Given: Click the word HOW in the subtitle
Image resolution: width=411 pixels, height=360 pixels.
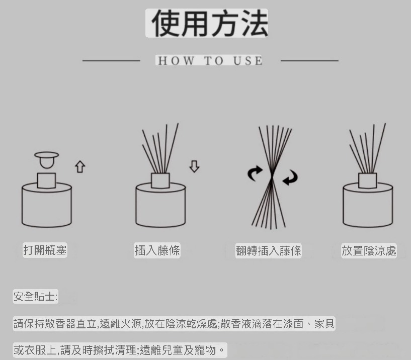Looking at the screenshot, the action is pyautogui.click(x=176, y=60).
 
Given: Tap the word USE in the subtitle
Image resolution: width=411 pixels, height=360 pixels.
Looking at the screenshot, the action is pyautogui.click(x=248, y=60).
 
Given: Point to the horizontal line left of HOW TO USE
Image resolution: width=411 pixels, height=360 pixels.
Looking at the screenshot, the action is pyautogui.click(x=111, y=61).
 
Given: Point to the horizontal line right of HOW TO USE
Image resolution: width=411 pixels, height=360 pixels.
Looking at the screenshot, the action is pyautogui.click(x=309, y=61).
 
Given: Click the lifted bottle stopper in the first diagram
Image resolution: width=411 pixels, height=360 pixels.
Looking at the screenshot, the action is pyautogui.click(x=46, y=159).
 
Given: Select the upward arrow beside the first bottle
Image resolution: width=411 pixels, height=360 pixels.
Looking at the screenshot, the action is pyautogui.click(x=80, y=166).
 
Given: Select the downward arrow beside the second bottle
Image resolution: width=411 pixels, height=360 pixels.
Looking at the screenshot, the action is pyautogui.click(x=194, y=166).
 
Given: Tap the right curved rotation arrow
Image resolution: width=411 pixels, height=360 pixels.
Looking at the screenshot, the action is pyautogui.click(x=290, y=177).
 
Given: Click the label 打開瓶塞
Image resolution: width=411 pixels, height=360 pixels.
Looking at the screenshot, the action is pyautogui.click(x=45, y=250).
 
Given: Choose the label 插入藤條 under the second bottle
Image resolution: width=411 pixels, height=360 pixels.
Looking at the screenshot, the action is pyautogui.click(x=157, y=250).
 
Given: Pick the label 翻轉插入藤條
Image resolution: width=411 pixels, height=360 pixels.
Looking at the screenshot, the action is pyautogui.click(x=268, y=251).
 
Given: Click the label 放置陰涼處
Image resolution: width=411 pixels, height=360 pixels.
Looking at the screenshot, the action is pyautogui.click(x=369, y=251).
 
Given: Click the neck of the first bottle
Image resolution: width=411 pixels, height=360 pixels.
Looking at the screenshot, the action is pyautogui.click(x=46, y=181).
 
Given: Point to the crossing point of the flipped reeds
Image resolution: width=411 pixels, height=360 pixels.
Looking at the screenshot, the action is pyautogui.click(x=272, y=178).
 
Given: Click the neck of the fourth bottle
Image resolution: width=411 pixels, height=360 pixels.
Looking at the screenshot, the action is pyautogui.click(x=368, y=181).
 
